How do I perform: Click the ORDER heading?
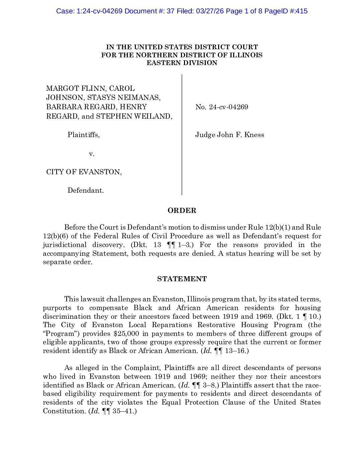[182, 211]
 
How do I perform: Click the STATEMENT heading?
[182, 279]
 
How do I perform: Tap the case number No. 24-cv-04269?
[221, 107]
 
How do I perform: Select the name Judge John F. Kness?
[230, 135]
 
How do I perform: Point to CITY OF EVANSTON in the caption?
[84, 172]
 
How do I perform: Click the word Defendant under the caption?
[85, 190]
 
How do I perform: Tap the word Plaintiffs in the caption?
[83, 135]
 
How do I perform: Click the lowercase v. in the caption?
[91, 154]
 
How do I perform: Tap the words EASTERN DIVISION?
[182, 63]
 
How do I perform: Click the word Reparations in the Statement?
[172, 325]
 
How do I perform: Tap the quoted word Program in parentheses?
[61, 334]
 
